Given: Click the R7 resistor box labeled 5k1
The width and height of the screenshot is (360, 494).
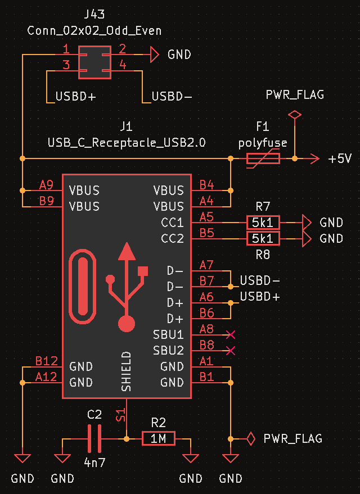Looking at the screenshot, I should [263, 222].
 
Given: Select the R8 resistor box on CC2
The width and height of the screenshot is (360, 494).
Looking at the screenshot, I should [263, 239].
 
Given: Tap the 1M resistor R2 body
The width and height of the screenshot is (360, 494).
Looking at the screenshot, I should [159, 438].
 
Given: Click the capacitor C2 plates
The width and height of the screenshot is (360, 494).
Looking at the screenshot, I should [94, 438].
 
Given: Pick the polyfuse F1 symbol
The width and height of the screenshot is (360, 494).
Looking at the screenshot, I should [263, 159].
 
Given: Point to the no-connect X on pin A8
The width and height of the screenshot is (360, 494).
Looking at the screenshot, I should [230, 335].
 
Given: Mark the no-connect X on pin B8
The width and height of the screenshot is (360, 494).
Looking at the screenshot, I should [230, 351].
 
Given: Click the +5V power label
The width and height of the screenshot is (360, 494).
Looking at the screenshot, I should [340, 159].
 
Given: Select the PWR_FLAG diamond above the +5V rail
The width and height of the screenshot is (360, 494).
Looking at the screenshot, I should [294, 115].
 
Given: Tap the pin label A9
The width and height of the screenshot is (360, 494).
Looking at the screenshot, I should [46, 185].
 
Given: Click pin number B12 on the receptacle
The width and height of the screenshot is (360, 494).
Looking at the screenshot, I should [46, 361].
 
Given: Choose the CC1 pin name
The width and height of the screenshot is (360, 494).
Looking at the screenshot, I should [172, 223].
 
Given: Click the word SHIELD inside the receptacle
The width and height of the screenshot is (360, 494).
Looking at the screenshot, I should [127, 371].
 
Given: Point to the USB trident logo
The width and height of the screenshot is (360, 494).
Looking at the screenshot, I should [127, 287].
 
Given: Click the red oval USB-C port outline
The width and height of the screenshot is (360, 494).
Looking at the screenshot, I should [83, 287].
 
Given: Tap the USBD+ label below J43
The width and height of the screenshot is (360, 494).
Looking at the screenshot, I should [75, 97].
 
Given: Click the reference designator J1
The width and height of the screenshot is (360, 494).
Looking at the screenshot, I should [127, 126].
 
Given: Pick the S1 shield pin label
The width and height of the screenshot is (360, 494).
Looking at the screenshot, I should [120, 416].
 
